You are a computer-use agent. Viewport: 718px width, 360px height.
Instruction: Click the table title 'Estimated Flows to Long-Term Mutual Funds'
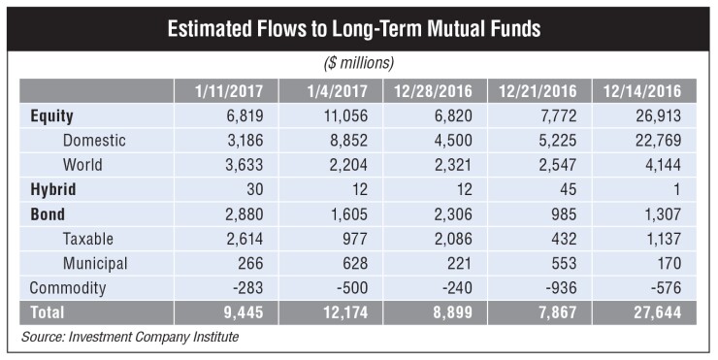pos(358,28)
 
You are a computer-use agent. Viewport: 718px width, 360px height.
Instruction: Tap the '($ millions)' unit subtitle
pos(358,63)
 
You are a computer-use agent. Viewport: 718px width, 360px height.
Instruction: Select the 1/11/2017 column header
pos(226,91)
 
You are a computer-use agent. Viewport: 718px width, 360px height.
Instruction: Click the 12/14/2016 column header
pos(642,91)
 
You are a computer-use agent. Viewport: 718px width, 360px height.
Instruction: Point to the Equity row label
pos(53,115)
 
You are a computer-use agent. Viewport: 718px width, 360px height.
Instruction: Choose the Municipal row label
pos(96,263)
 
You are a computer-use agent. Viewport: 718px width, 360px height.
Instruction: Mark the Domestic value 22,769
pos(653,141)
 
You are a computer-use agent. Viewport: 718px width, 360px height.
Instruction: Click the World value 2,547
pos(550,165)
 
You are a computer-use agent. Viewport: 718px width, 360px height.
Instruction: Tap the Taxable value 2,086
pos(447,239)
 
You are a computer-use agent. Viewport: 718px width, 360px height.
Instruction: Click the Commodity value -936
pos(556,288)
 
